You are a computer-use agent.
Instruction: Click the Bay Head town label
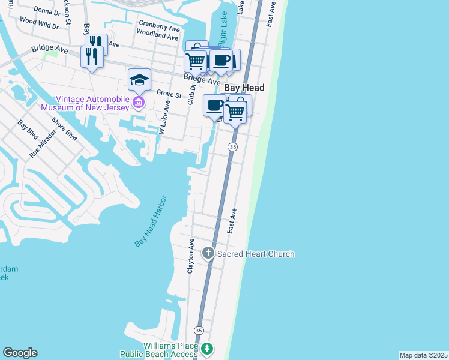(x=244, y=88)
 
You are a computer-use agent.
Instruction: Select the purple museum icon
(x=139, y=103)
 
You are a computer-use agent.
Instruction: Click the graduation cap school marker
(x=139, y=80)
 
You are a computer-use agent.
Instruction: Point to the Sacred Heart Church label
(x=256, y=254)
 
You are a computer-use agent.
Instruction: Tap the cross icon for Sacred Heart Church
(x=208, y=253)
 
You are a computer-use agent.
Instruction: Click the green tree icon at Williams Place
(x=207, y=349)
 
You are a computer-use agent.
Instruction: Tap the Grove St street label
(x=169, y=94)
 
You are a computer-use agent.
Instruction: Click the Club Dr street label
(x=193, y=94)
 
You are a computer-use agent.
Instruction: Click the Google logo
(x=20, y=353)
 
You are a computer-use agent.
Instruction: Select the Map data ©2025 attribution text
(x=423, y=355)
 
